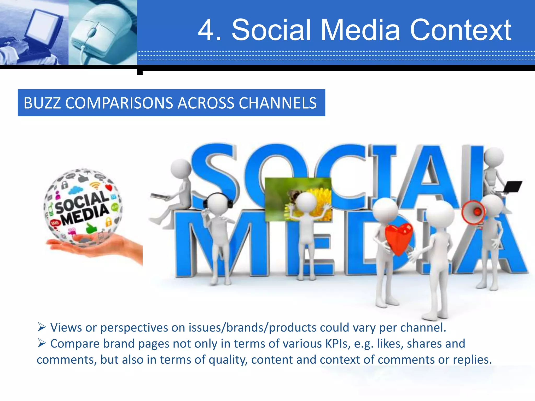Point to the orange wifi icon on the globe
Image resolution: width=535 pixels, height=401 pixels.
coord(95,186)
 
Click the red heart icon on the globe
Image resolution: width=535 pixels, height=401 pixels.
coord(109,187)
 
